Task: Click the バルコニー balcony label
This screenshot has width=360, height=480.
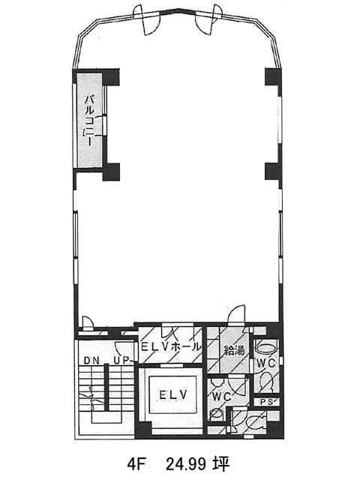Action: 89,120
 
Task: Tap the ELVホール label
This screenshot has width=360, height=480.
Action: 170,347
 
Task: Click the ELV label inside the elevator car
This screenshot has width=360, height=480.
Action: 173,395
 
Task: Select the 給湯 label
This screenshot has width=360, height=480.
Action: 235,350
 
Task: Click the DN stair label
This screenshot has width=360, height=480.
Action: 91,361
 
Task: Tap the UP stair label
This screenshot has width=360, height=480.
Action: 121,361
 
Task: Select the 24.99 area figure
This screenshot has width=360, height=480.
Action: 185,464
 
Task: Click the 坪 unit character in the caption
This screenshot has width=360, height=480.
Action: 221,464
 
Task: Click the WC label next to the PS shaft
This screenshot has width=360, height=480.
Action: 265,364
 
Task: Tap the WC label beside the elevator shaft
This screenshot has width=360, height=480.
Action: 222,397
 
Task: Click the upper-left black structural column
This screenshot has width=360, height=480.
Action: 110,77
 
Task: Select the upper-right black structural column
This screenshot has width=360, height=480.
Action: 273,77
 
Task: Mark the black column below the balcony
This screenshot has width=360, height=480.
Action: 111,172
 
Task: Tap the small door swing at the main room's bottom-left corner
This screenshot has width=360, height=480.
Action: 88,323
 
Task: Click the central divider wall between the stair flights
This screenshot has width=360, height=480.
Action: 106,388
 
